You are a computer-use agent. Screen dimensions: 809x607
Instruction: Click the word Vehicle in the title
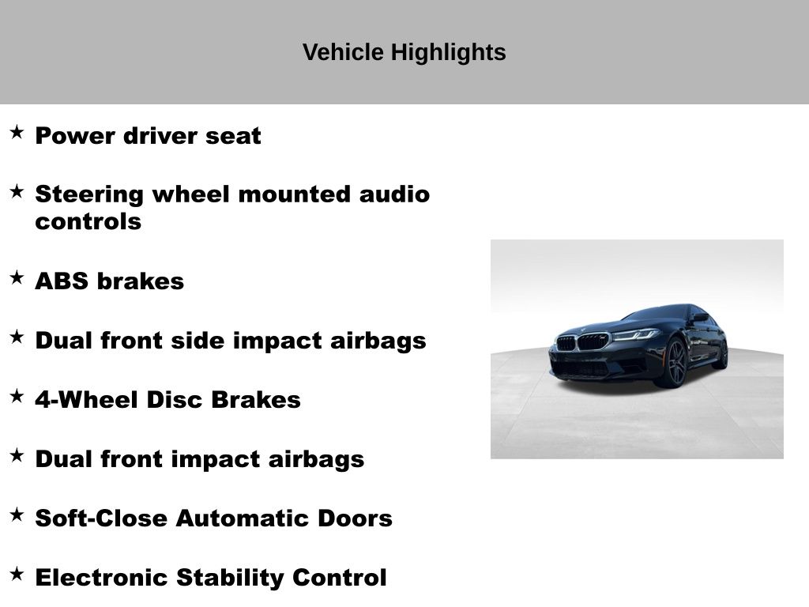[343, 52]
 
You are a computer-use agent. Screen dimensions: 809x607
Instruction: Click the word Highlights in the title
[449, 53]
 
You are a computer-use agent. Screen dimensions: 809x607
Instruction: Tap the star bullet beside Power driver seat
[17, 132]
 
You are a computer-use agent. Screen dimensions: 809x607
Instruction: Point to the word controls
[88, 221]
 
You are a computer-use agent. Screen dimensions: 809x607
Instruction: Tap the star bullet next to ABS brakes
[17, 277]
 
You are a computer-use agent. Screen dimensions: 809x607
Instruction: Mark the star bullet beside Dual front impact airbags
[17, 456]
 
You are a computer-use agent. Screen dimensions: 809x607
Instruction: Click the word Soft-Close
[101, 518]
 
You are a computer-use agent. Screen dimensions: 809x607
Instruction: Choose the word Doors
[355, 518]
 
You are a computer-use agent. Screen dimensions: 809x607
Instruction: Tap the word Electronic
[102, 578]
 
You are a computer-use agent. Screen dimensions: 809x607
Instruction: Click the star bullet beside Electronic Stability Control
[17, 574]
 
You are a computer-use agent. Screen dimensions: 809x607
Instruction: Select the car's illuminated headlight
[635, 334]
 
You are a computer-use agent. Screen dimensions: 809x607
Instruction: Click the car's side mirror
[700, 318]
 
